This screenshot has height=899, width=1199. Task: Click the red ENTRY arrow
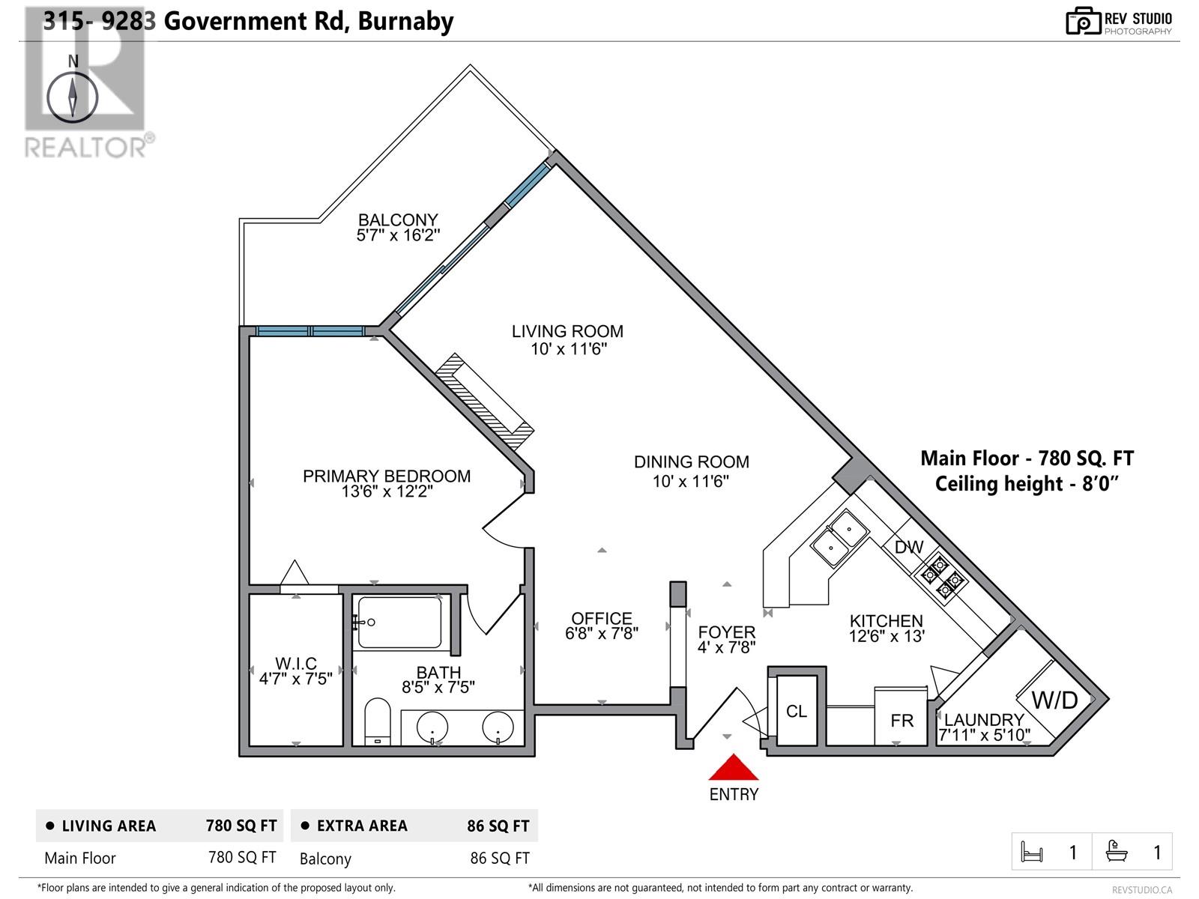coord(733,767)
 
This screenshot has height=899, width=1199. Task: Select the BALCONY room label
coord(398,220)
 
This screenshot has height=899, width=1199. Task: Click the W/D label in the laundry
coord(1054,700)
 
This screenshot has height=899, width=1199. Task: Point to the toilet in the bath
coord(377,721)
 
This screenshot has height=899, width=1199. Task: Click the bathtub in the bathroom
coord(399,623)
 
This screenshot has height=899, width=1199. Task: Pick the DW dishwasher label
coord(909,546)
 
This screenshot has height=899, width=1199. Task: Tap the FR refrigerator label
coord(901,721)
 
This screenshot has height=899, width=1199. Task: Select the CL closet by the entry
coord(796,711)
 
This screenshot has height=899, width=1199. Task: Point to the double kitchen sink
coord(839,538)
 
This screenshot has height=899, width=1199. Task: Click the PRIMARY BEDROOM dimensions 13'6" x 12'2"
coord(387,491)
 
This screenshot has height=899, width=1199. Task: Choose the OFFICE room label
coord(602,618)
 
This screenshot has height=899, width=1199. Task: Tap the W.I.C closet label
coord(295,663)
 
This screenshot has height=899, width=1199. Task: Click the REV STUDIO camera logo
coord(1083,21)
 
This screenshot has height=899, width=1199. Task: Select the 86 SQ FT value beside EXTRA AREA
coord(498,826)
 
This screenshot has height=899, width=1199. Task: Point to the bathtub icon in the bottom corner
coord(1116,852)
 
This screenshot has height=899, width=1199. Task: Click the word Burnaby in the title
coord(405,22)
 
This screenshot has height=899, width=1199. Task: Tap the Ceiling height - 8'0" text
coord(1027,484)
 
